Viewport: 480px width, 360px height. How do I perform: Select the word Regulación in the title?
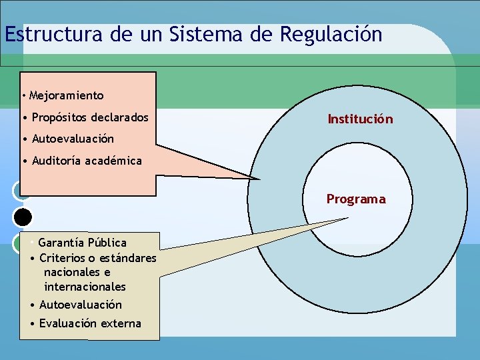click(x=331, y=34)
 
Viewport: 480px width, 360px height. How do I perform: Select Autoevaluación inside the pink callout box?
click(x=73, y=139)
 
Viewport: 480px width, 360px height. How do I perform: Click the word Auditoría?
click(x=57, y=160)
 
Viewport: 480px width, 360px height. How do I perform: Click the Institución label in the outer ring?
click(x=360, y=119)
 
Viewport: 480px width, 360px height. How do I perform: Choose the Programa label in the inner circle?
click(x=355, y=199)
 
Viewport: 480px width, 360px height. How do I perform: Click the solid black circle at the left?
click(x=23, y=217)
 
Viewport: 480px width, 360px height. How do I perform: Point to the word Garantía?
click(x=61, y=242)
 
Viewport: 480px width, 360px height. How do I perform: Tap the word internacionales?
click(x=85, y=287)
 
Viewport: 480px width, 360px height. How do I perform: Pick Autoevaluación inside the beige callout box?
click(x=81, y=305)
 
